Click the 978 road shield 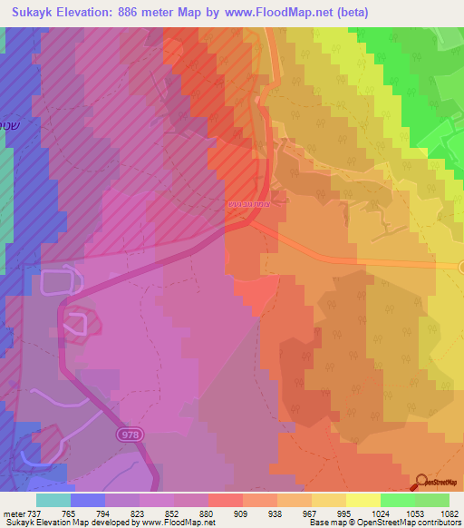130,435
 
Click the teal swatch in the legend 53,500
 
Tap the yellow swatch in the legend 363,500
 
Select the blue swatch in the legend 87,500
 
